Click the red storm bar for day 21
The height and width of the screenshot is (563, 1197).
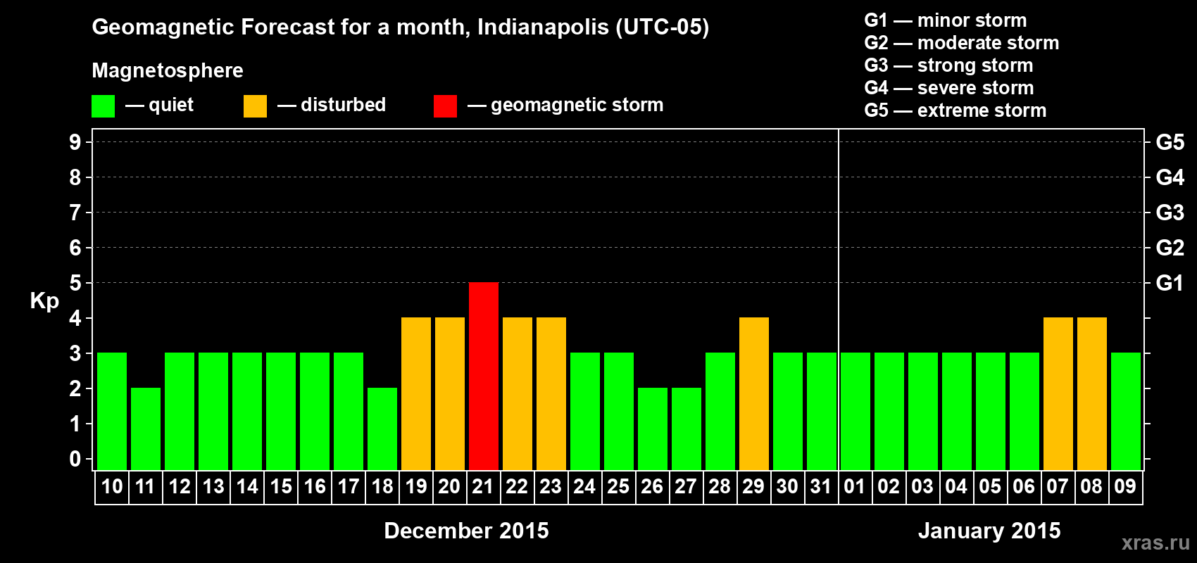484,376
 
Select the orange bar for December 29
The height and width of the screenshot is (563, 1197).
754,393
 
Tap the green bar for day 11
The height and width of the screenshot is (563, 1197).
146,429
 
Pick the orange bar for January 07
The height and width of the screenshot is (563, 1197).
1058,393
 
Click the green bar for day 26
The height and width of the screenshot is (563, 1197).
653,429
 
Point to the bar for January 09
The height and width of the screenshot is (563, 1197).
1126,411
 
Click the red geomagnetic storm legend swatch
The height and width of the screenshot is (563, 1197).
445,106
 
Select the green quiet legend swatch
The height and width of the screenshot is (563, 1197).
104,106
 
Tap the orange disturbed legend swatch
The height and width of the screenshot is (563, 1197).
255,106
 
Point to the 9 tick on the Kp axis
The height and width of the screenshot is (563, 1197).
75,142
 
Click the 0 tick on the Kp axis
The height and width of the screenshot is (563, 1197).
75,459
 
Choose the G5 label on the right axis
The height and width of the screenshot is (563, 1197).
1170,142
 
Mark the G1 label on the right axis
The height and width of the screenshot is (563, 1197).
1170,283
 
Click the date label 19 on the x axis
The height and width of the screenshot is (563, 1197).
416,486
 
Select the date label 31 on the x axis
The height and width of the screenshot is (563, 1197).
821,486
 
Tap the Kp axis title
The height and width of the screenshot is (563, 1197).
44,301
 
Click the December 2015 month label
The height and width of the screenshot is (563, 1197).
466,531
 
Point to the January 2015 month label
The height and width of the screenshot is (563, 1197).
989,531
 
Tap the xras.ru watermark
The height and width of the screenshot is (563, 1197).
1155,543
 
